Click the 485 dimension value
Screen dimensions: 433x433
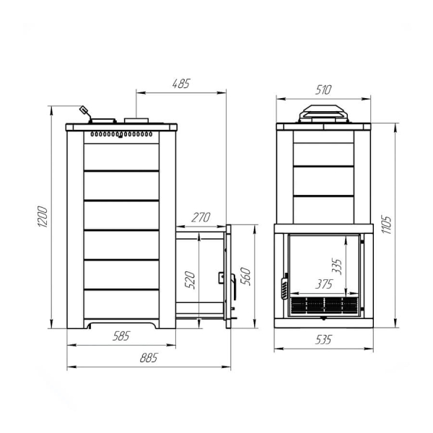tap(181, 84)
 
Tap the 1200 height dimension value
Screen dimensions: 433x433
tap(43, 216)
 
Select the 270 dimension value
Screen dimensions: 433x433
tap(201, 218)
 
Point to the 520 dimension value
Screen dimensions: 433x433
tap(190, 280)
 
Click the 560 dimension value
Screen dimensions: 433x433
tap(245, 276)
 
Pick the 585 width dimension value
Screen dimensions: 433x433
tap(121, 336)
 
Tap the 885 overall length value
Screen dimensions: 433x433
tap(149, 358)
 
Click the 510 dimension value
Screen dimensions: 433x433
tap(323, 90)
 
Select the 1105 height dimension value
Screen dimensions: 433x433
tap(387, 224)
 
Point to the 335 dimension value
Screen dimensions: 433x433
tap(337, 266)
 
